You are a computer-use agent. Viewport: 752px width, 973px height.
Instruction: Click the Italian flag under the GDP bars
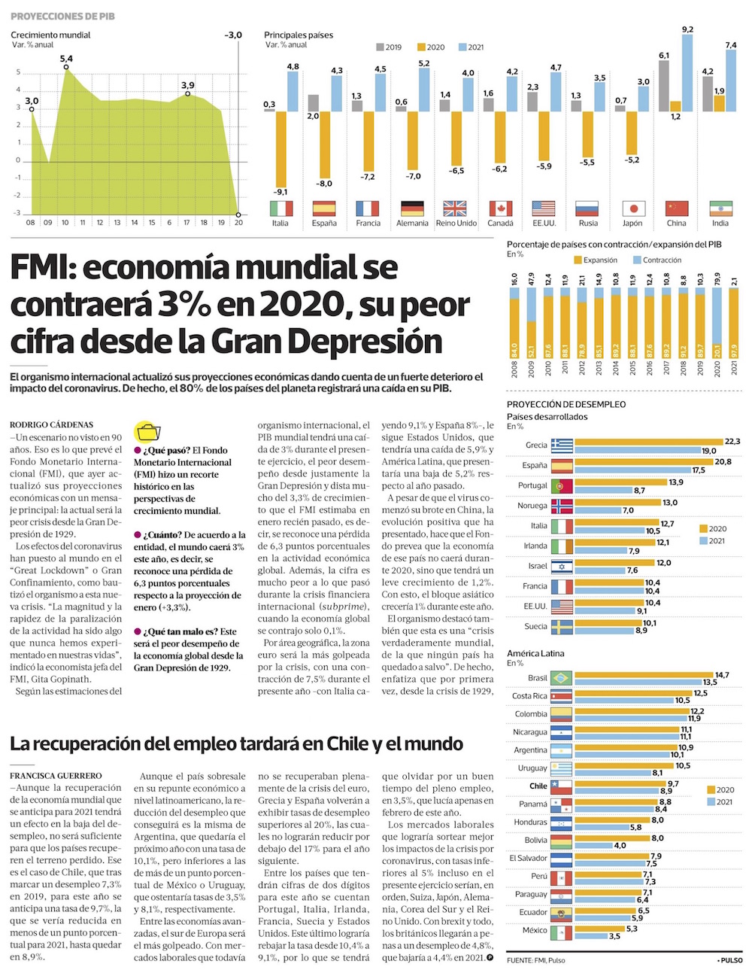coord(280,208)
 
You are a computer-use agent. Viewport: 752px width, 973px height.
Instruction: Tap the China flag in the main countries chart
coord(677,208)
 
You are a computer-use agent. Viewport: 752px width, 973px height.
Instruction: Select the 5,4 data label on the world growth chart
coord(66,59)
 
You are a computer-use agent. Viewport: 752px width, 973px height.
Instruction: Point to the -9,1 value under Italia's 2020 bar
coord(280,192)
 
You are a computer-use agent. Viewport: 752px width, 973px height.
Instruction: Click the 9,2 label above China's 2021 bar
coord(687,29)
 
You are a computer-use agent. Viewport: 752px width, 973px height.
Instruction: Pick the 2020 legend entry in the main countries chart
coord(429,47)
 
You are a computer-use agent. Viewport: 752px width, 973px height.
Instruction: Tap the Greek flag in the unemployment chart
coord(562,445)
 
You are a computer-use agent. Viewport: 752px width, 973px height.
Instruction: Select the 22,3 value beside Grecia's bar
coord(732,441)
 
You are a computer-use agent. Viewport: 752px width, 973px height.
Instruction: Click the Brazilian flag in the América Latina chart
coord(562,678)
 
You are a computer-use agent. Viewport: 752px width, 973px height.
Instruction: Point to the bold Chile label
coord(538,786)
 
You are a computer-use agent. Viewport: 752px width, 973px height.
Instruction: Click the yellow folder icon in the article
coord(147,432)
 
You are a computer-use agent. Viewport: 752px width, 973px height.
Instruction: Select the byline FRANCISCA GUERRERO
coord(56,775)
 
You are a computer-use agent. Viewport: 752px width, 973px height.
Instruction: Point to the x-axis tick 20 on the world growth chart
coord(238,223)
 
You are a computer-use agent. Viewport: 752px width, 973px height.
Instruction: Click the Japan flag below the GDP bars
coord(633,208)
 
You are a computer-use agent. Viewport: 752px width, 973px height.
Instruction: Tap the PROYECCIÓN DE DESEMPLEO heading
coord(566,404)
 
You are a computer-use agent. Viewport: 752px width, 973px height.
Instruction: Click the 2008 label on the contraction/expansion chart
coord(515,369)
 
